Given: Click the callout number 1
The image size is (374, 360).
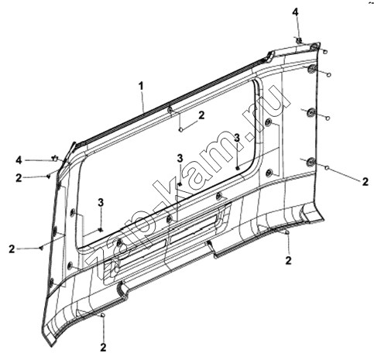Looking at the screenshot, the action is [141, 86].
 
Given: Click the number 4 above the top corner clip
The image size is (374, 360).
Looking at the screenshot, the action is [296, 12].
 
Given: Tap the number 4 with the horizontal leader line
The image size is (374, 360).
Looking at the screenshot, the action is [19, 160].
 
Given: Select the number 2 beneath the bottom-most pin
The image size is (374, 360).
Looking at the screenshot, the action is [103, 347].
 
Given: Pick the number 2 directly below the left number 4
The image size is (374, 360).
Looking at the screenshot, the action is [19, 178].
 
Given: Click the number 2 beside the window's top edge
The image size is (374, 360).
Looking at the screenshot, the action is [201, 115].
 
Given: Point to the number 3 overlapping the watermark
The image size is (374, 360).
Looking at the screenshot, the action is [237, 138].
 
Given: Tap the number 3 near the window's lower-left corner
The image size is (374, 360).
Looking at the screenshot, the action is [101, 203].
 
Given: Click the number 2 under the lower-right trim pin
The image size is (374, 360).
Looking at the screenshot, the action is [288, 260].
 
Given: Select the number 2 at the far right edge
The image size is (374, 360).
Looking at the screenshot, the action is [365, 182].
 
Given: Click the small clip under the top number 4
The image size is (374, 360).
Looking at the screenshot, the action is [298, 40].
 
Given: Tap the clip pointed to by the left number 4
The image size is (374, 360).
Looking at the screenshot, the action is [55, 158].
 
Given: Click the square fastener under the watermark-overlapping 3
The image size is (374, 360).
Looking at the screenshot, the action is [238, 169].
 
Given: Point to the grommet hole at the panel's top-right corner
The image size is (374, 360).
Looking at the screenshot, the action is [314, 47].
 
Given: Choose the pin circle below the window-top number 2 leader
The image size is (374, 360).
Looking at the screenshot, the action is [181, 130].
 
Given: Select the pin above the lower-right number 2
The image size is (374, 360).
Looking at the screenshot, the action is [287, 233].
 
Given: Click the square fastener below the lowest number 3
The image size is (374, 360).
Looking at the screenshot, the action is [101, 230].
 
